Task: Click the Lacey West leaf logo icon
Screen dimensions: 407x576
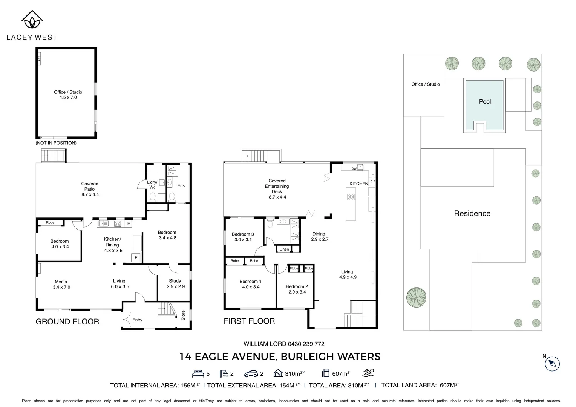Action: [x=32, y=20]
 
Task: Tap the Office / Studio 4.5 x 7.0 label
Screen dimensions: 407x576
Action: [x=68, y=95]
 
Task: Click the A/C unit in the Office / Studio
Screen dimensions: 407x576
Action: [x=39, y=59]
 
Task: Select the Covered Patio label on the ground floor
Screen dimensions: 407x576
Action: [x=90, y=189]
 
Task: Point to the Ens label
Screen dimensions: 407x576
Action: [x=181, y=185]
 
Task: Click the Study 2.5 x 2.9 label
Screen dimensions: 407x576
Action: [x=175, y=283]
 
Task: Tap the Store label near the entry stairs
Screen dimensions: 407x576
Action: [x=183, y=315]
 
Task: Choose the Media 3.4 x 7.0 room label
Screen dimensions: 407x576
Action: [x=61, y=284]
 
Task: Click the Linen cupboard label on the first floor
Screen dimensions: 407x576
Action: [x=284, y=249]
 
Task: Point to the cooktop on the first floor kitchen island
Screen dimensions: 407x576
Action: [x=351, y=197]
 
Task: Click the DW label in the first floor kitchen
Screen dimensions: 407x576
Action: [x=354, y=168]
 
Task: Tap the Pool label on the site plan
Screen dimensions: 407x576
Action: [x=485, y=102]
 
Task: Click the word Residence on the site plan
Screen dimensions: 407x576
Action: [x=472, y=213]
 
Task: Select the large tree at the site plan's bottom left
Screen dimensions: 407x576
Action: [x=416, y=297]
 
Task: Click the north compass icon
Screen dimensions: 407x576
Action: [x=552, y=364]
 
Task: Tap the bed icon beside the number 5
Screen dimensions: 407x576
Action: [x=198, y=373]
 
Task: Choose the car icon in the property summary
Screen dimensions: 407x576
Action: [x=251, y=374]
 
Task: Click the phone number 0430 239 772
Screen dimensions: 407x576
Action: [x=306, y=344]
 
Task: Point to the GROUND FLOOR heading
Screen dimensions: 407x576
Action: [x=67, y=321]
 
